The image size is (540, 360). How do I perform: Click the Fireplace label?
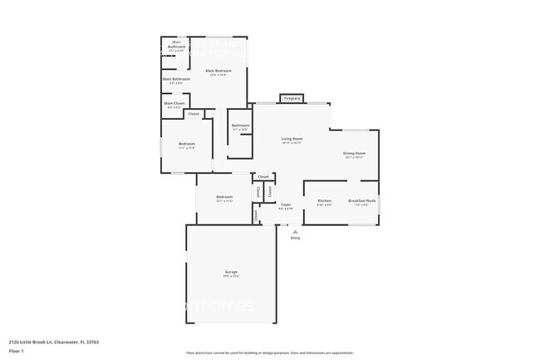pyautogui.click(x=292, y=98)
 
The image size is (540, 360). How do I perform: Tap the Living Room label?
pyautogui.click(x=292, y=138)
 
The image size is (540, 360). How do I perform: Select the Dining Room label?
pyautogui.click(x=355, y=153)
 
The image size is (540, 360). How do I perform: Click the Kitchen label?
pyautogui.click(x=325, y=200)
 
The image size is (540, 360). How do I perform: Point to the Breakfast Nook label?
pyautogui.click(x=362, y=200)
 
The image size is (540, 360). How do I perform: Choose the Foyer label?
pyautogui.click(x=285, y=205)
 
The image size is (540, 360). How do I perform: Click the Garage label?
pyautogui.click(x=231, y=272)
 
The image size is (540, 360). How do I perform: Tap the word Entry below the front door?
pyautogui.click(x=295, y=238)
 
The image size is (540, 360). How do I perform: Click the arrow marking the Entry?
pyautogui.click(x=295, y=229)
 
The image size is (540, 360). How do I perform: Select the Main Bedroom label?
pyautogui.click(x=218, y=71)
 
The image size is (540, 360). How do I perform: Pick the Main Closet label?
pyautogui.click(x=174, y=104)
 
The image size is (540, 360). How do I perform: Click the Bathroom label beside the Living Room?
pyautogui.click(x=241, y=126)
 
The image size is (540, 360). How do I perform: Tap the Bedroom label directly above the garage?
pyautogui.click(x=224, y=197)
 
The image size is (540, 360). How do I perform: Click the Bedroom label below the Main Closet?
pyautogui.click(x=186, y=144)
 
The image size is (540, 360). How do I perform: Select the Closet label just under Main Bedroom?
pyautogui.click(x=194, y=114)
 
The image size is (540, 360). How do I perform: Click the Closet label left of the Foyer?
pyautogui.click(x=256, y=215)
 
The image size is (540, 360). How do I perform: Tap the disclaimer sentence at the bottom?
pyautogui.click(x=269, y=353)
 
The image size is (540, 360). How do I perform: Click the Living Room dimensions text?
pyautogui.click(x=292, y=143)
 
